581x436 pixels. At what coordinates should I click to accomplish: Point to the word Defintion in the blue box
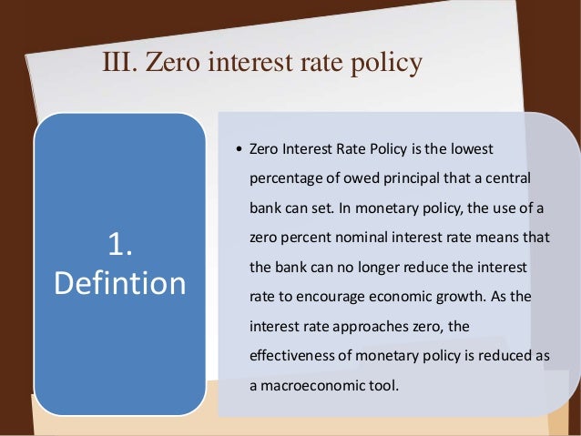coord(120,282)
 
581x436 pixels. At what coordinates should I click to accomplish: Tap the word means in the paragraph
coord(494,237)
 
